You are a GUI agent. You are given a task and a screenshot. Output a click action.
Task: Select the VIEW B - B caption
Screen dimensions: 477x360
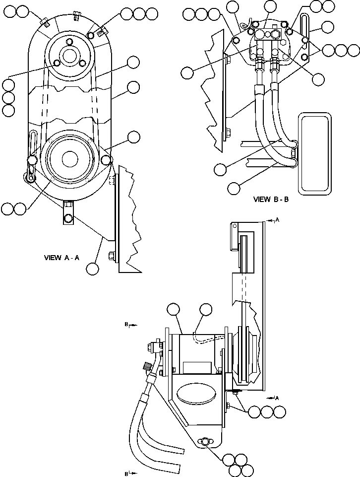271,200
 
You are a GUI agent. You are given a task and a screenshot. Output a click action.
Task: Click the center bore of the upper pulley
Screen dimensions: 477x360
68,54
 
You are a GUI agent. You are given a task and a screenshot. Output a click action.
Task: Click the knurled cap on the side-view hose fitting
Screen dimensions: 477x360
147,368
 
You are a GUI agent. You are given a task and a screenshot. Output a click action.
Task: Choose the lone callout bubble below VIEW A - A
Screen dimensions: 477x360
92,269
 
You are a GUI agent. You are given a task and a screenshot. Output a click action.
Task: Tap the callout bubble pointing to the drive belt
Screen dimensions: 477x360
133,62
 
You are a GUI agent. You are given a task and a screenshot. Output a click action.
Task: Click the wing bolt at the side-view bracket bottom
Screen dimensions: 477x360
204,442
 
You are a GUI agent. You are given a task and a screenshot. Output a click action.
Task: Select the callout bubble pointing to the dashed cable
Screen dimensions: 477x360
206,311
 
